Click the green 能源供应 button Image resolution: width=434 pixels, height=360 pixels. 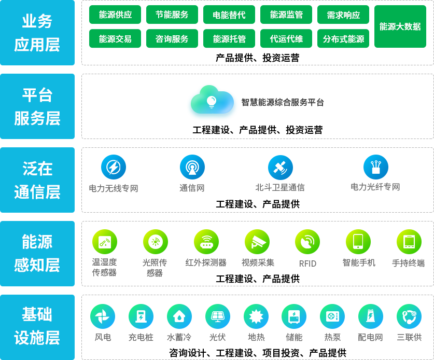pos(115,15)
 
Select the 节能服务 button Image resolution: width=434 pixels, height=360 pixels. pos(172,15)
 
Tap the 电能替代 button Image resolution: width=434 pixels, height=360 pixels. pos(229,15)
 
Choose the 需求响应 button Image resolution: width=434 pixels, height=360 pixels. pos(343,15)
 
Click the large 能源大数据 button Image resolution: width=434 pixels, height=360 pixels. pos(400,26)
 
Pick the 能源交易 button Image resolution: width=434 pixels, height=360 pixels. pos(115,39)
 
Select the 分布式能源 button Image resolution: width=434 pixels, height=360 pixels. pos(343,39)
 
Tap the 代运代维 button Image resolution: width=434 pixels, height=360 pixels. pos(286,39)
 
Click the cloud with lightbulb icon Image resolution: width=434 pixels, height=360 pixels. pos(212,101)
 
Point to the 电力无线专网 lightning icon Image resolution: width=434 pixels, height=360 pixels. pos(113,167)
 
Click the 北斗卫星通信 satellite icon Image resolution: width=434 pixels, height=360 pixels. pos(280,167)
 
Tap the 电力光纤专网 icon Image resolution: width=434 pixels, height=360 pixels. pos(375,167)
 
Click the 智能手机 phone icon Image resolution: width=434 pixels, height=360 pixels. pos(358,241)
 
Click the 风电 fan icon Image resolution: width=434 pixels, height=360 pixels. pos(103,316)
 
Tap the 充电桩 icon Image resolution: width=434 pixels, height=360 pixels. pos(141,316)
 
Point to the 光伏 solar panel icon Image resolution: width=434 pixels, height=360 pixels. pos(218,316)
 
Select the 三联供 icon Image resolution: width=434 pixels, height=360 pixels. pos(409,316)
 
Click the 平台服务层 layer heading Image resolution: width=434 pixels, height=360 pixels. pos(37,107)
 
